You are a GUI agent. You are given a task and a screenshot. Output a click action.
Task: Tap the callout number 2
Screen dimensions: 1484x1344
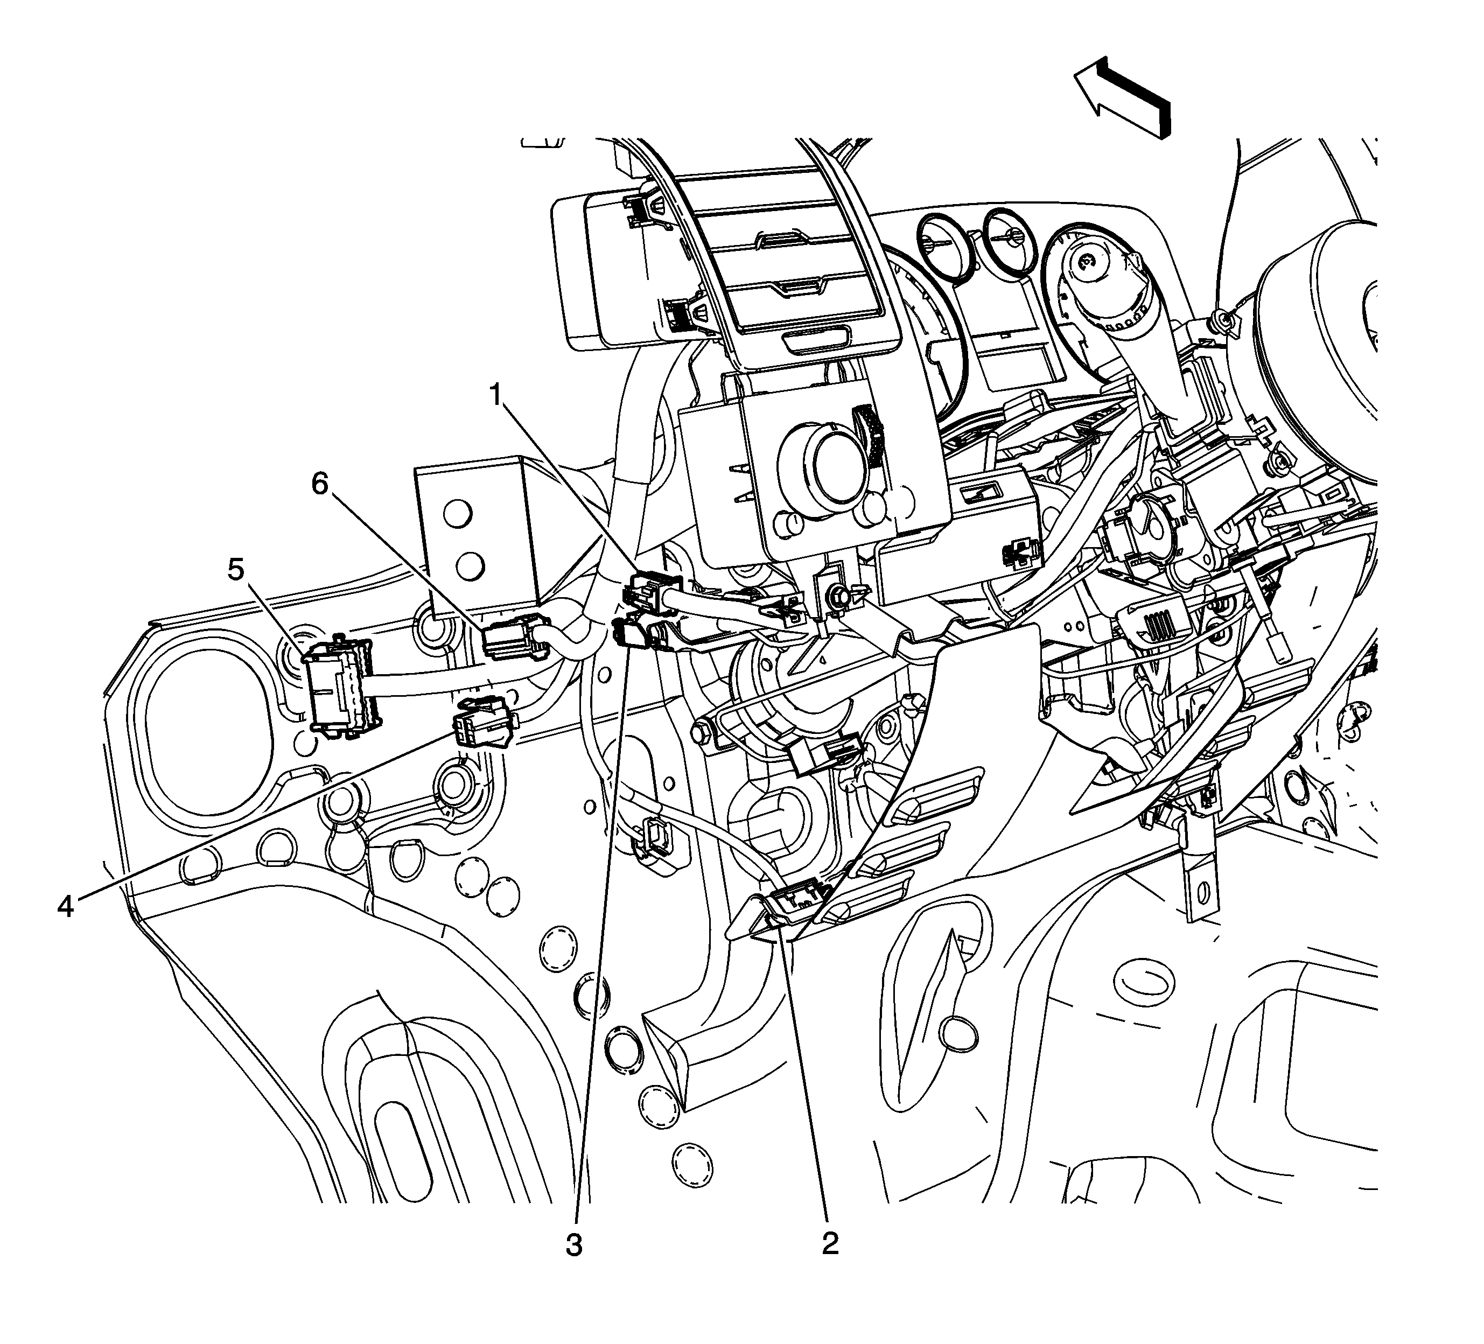point(830,1244)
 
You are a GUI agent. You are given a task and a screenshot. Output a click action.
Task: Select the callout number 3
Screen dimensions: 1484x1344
point(574,1245)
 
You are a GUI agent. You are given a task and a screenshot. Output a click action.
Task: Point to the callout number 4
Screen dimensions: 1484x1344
point(66,907)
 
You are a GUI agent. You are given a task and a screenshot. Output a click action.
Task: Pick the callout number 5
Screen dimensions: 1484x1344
point(235,569)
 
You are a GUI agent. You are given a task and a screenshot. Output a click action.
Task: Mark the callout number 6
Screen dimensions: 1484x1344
point(320,484)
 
